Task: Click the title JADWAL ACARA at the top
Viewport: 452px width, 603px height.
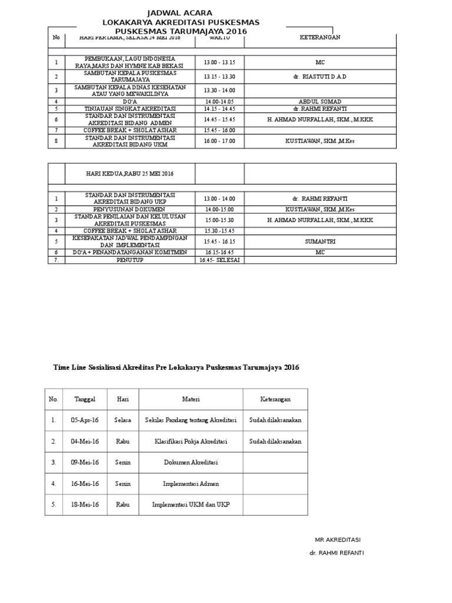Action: click(181, 13)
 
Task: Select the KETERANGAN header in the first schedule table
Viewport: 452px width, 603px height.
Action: click(320, 37)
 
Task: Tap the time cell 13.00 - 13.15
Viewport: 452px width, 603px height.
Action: click(219, 62)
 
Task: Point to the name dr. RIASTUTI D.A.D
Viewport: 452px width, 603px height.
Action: click(320, 77)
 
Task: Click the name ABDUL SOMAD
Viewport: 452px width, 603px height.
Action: click(320, 102)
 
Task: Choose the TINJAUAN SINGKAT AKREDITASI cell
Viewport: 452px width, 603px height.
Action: click(130, 109)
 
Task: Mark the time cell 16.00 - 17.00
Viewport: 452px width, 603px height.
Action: click(219, 141)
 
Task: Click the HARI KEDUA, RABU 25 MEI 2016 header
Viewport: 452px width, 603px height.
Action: click(129, 174)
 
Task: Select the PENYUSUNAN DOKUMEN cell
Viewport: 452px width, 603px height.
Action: click(130, 209)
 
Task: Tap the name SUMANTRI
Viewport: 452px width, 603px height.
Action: click(320, 241)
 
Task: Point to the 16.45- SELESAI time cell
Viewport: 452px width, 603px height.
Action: click(219, 260)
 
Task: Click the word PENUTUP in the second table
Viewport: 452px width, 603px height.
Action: click(130, 260)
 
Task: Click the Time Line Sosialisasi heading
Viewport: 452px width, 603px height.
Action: click(176, 367)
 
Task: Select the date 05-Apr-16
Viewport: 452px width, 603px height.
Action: click(85, 420)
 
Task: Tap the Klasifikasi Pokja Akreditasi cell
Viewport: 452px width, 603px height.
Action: click(191, 441)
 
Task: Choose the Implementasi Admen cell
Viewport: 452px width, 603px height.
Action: click(191, 483)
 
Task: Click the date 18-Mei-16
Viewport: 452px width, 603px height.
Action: click(85, 505)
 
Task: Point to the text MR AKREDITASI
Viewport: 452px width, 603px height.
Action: click(337, 539)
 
